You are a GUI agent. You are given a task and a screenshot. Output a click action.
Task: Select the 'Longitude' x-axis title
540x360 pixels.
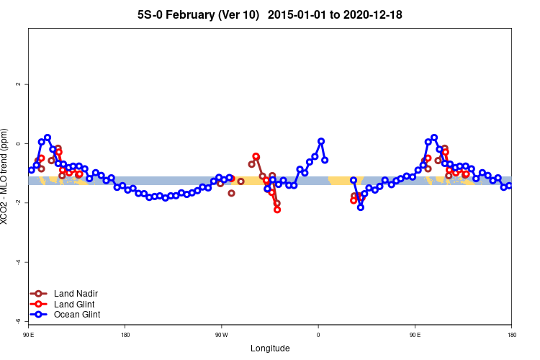pos(270,348)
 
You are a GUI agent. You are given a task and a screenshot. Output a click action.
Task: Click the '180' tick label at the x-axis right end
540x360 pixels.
pos(511,335)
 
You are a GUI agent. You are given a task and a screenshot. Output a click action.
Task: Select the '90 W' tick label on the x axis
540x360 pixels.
pos(221,335)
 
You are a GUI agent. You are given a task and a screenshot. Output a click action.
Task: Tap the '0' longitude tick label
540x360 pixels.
pos(318,335)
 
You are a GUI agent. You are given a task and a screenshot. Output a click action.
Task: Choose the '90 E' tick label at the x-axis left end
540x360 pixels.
pos(29,335)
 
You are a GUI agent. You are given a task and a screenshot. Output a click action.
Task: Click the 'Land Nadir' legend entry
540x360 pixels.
pos(76,294)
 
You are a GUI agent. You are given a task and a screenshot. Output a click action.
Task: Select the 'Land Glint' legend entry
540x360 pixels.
pos(75,304)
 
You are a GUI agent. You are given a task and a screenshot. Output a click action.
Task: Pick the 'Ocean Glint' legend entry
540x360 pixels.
pos(76,315)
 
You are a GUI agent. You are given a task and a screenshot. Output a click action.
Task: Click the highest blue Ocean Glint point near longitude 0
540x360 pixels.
pos(321,141)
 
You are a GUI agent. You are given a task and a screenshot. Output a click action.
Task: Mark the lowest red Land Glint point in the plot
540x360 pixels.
pos(277,210)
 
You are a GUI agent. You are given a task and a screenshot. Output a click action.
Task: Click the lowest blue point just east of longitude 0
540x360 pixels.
pos(360,207)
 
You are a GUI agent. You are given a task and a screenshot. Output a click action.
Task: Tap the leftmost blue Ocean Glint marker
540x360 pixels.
pos(32,170)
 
